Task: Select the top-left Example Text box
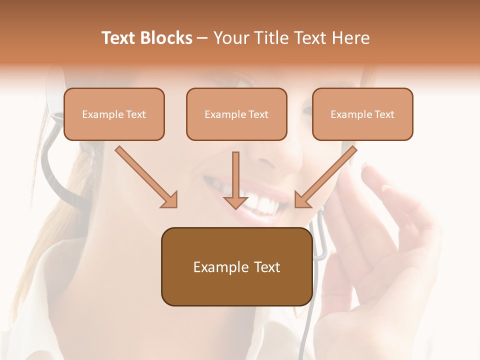[114, 114]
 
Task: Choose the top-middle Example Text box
[236, 114]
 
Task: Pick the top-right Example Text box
[362, 114]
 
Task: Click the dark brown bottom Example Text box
[236, 266]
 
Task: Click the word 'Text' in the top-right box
[384, 114]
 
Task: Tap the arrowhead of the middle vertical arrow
[235, 201]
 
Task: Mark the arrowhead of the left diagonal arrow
[169, 199]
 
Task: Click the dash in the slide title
[202, 38]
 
